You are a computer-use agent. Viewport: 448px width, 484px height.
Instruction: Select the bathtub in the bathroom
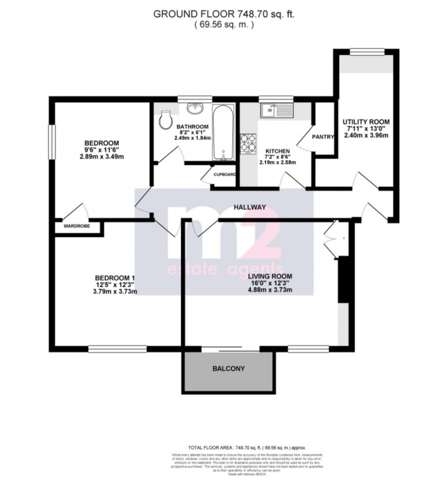coord(224,132)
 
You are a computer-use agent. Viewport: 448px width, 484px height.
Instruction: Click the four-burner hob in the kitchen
coord(248,144)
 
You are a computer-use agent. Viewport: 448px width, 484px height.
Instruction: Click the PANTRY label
coord(323,137)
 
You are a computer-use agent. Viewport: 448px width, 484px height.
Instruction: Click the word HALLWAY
coord(249,208)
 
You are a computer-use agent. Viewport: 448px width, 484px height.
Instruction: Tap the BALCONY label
coord(228,369)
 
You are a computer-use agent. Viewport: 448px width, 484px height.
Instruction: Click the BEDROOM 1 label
coord(115,278)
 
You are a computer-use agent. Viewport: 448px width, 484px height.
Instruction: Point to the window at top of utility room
coord(367,52)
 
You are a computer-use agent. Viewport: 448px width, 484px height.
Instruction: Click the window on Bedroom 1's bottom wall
coord(117,348)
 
